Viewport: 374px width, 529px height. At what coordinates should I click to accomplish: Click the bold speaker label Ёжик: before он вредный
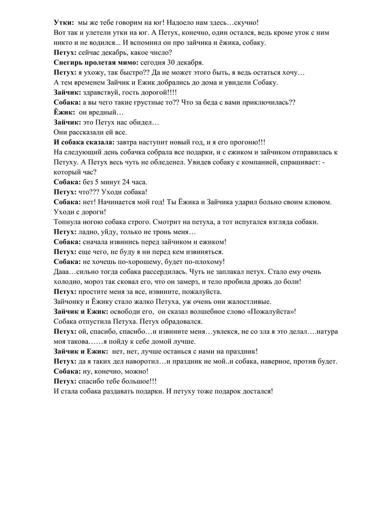65,112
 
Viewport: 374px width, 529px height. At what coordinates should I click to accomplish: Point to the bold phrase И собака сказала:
84,142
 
